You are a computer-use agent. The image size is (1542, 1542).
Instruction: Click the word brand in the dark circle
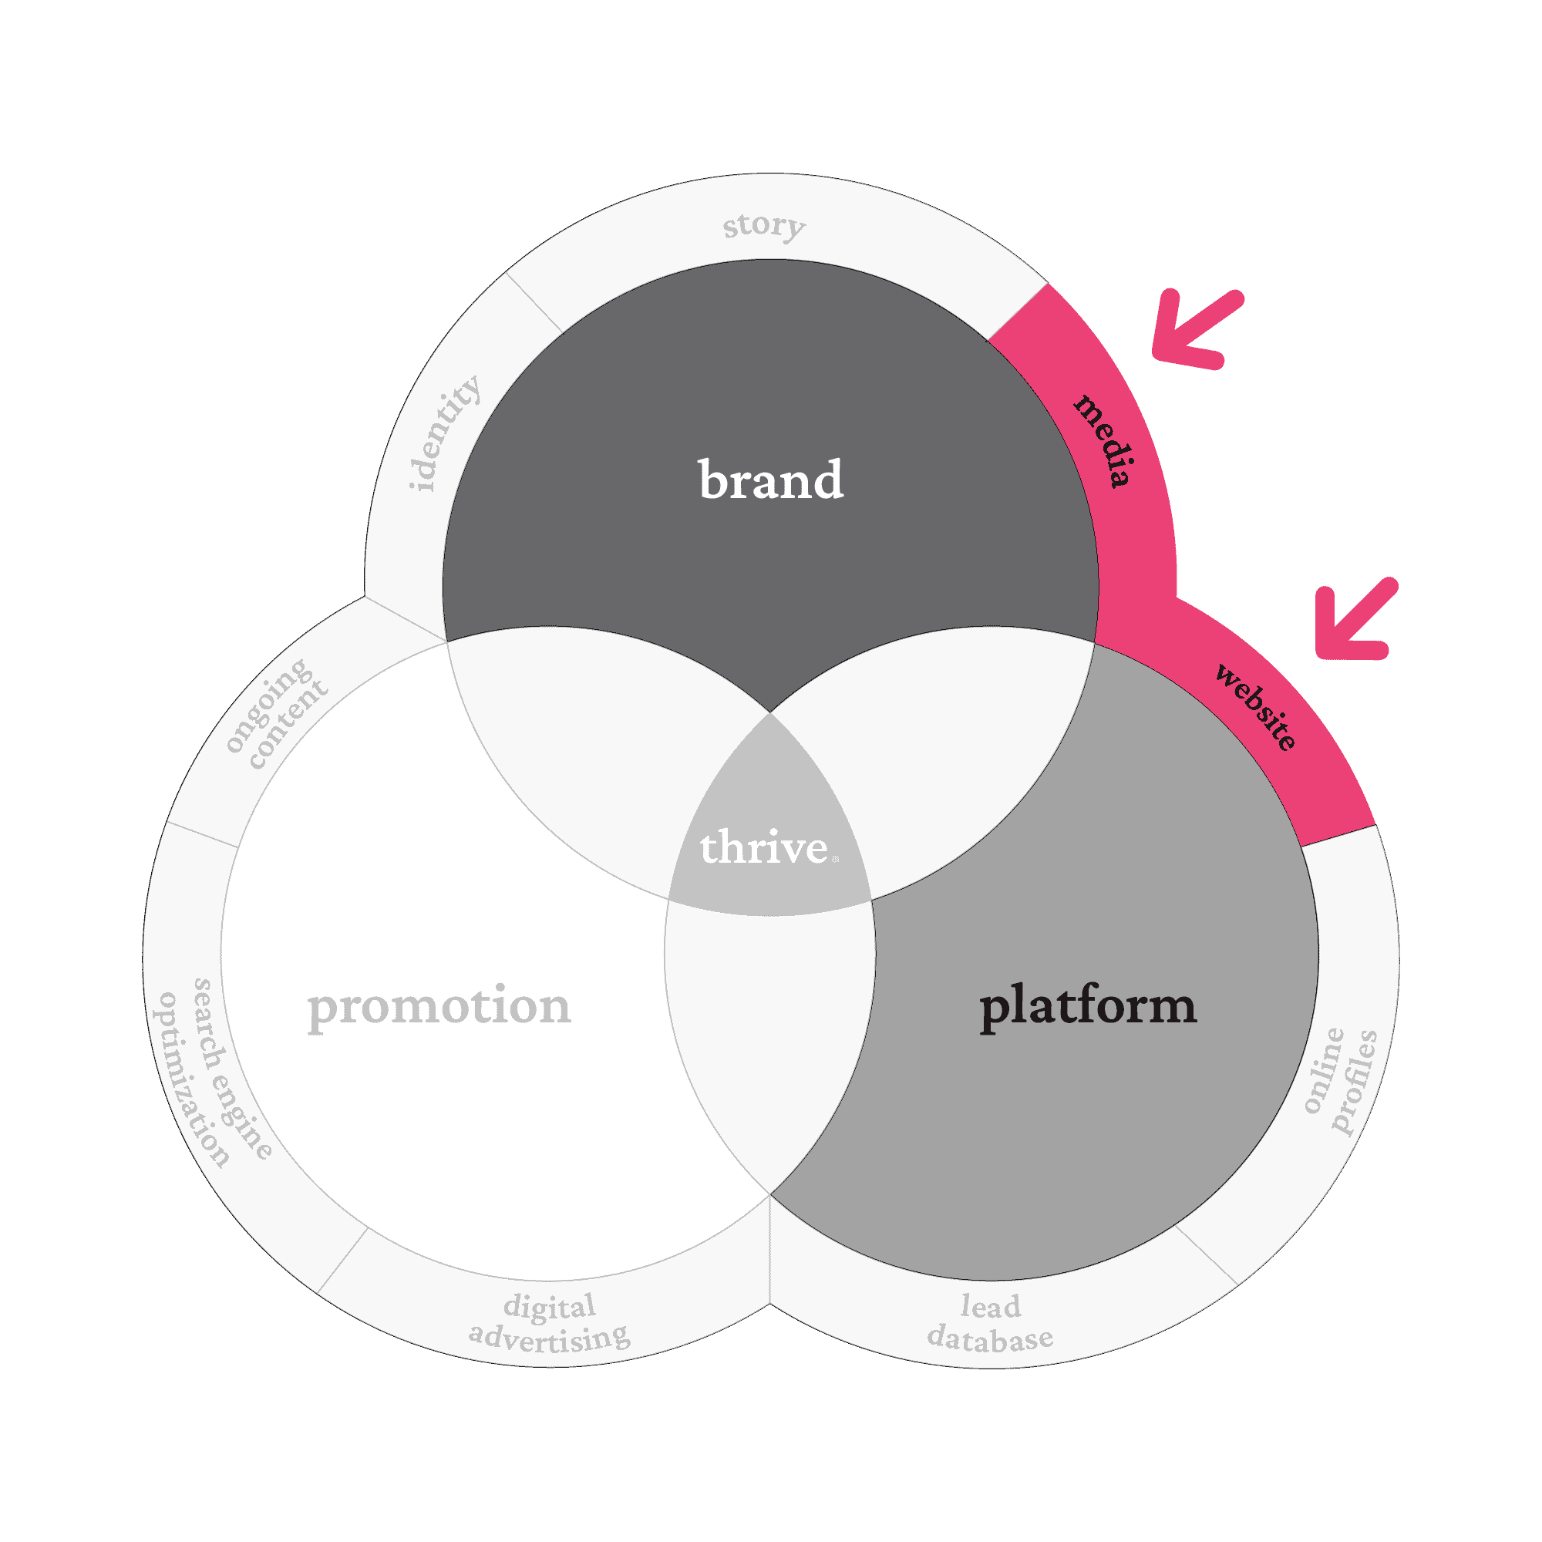[x=770, y=480]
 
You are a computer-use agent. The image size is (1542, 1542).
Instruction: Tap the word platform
[x=1088, y=1006]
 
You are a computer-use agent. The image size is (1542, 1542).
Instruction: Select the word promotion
[x=439, y=1006]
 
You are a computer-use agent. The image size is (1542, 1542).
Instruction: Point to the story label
[x=764, y=225]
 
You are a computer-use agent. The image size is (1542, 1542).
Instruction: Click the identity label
[x=444, y=433]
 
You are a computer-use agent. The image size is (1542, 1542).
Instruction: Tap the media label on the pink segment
[x=1104, y=439]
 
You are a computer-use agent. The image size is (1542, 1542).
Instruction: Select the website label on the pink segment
[x=1255, y=706]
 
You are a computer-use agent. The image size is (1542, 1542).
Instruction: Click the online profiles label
[x=1340, y=1081]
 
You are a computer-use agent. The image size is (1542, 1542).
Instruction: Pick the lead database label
[x=990, y=1323]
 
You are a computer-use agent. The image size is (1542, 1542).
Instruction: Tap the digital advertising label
[x=549, y=1323]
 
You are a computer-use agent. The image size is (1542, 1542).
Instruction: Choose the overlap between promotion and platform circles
[x=770, y=1038]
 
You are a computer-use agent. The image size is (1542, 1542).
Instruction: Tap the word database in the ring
[x=990, y=1339]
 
